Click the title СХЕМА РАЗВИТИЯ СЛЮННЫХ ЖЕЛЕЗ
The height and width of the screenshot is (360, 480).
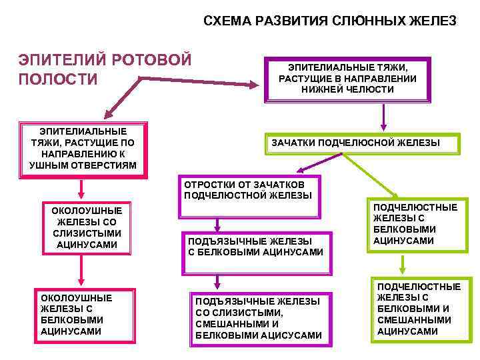pyautogui.click(x=329, y=21)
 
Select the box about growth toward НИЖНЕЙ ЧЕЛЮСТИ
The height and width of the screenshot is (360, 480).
pyautogui.click(x=347, y=79)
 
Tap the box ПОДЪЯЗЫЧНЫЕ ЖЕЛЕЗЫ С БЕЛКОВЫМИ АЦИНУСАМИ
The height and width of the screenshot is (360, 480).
pyautogui.click(x=256, y=247)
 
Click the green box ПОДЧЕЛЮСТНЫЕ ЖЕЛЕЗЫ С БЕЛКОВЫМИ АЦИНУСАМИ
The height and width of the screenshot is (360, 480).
pyautogui.click(x=414, y=224)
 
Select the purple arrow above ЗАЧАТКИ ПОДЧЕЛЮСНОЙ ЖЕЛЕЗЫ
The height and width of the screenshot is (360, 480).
pyautogui.click(x=383, y=116)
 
